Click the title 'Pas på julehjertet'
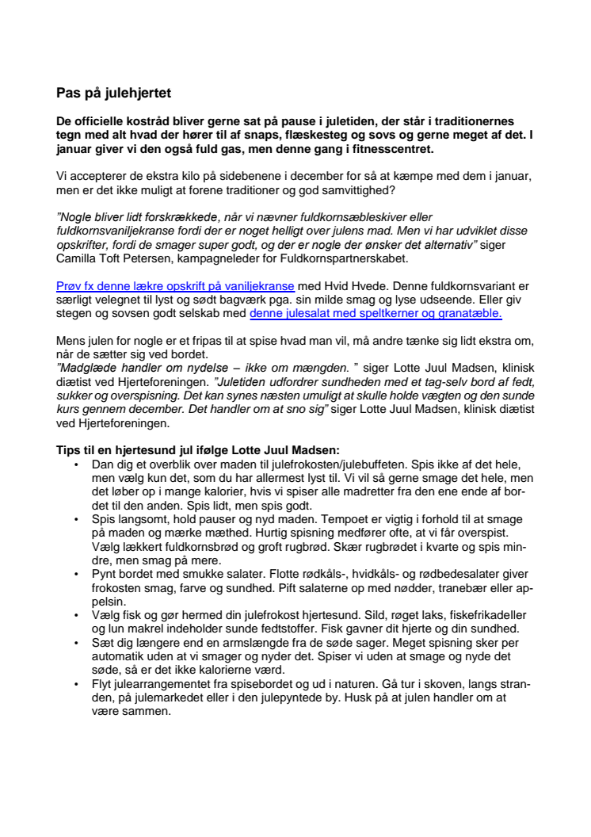coord(115,93)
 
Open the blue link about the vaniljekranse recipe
coord(175,285)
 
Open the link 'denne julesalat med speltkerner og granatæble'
coord(376,313)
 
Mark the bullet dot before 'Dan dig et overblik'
coord(76,463)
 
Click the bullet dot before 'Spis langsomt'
coord(76,518)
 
